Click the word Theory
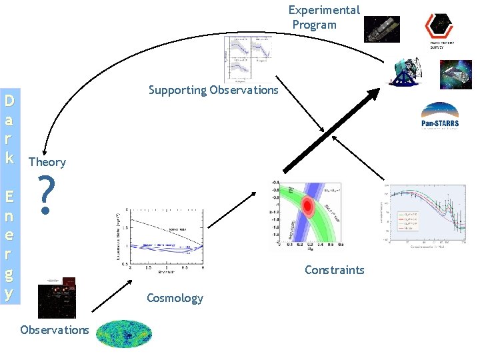pyautogui.click(x=47, y=162)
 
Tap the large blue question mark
pyautogui.click(x=45, y=195)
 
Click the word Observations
pyautogui.click(x=54, y=330)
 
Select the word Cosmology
pyautogui.click(x=175, y=297)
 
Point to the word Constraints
pyautogui.click(x=334, y=270)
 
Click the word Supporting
pyautogui.click(x=177, y=90)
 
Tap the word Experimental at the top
pyautogui.click(x=324, y=10)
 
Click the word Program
pyautogui.click(x=315, y=25)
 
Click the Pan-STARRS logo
pyautogui.click(x=439, y=117)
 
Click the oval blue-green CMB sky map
pyautogui.click(x=125, y=334)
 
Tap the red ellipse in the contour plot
pyautogui.click(x=308, y=206)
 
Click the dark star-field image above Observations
pyautogui.click(x=57, y=298)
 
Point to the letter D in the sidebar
pyautogui.click(x=10, y=102)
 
